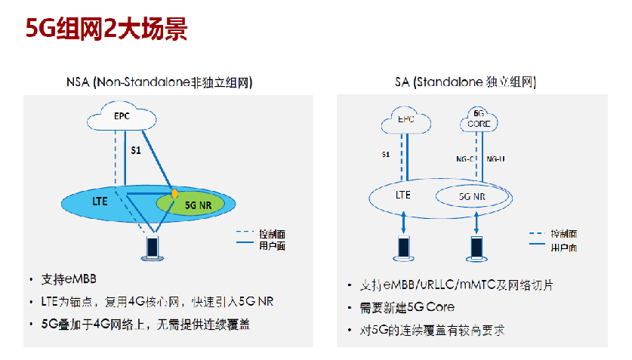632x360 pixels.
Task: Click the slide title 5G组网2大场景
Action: click(x=106, y=30)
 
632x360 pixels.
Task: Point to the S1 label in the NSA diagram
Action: click(x=136, y=151)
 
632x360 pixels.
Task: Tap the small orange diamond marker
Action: click(x=175, y=194)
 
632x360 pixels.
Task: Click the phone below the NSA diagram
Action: click(x=153, y=248)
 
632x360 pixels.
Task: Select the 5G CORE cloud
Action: click(x=477, y=119)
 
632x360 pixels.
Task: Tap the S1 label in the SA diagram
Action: click(x=385, y=155)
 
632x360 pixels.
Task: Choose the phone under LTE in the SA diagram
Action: click(x=404, y=248)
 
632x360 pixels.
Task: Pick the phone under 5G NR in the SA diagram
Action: click(x=477, y=248)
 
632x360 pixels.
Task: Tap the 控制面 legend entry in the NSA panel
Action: click(x=272, y=233)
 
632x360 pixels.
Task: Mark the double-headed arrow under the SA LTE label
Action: click(x=404, y=222)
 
